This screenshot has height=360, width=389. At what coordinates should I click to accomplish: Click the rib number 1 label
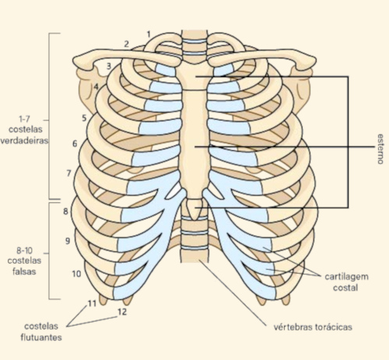point(149,34)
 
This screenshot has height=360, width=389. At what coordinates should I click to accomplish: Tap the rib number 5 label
point(84,118)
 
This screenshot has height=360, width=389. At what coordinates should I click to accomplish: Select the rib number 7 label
point(68,173)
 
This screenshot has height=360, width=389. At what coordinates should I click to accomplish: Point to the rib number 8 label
point(65,211)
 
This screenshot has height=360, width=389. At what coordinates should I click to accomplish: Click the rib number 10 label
point(76,274)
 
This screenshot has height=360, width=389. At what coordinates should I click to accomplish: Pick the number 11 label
point(92,303)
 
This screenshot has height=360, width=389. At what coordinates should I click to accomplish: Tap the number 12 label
point(122,312)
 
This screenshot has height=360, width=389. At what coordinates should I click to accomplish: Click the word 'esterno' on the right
point(380,149)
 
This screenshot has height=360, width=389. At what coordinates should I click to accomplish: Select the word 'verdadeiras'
point(24,141)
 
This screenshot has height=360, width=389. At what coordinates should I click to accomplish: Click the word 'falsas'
point(24,271)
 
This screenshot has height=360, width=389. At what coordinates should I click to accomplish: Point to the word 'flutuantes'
point(41,337)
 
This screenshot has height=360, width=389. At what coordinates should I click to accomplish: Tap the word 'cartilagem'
point(346,277)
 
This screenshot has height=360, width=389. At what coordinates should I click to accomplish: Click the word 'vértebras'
point(293,327)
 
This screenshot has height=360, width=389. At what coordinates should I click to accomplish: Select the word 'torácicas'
point(334,327)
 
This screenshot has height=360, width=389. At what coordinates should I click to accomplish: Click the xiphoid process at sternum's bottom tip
point(194,209)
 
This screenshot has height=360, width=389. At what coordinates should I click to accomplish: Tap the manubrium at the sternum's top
point(194,75)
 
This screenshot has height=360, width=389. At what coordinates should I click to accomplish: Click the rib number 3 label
point(109,66)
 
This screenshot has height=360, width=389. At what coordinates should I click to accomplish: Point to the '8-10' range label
point(24,250)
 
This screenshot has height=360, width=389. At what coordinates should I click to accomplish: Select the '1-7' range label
point(24,119)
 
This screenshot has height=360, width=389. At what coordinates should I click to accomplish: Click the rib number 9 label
point(68,241)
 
